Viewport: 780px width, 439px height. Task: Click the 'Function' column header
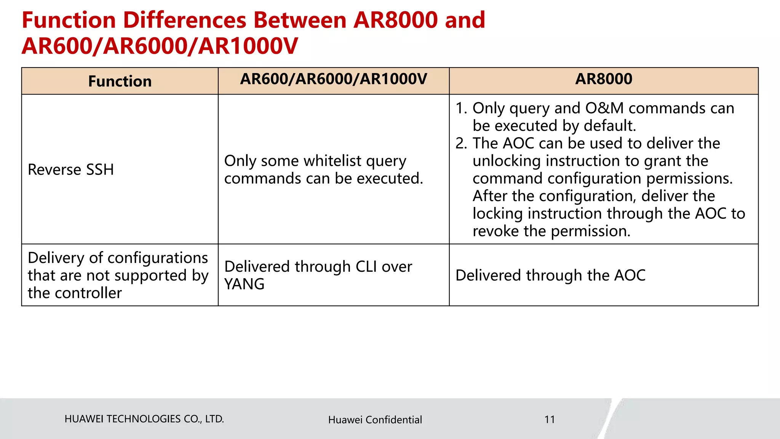click(x=120, y=82)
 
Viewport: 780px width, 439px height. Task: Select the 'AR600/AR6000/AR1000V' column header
click(x=333, y=79)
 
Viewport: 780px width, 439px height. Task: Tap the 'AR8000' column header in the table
click(x=604, y=79)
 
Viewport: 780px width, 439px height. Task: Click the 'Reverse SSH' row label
click(x=71, y=170)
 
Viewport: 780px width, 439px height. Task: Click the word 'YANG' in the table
click(x=244, y=284)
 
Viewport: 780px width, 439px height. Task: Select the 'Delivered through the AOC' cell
click(x=550, y=276)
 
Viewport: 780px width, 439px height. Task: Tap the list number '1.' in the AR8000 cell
click(x=461, y=109)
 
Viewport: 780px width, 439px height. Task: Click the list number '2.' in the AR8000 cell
click(x=461, y=144)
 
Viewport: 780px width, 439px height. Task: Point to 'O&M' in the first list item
click(x=604, y=109)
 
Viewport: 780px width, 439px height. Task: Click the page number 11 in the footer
click(x=550, y=420)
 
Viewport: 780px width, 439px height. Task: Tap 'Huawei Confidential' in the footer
click(x=375, y=420)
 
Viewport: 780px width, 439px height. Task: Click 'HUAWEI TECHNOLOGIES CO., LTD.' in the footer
click(x=144, y=419)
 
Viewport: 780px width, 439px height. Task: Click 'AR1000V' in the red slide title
click(x=248, y=46)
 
